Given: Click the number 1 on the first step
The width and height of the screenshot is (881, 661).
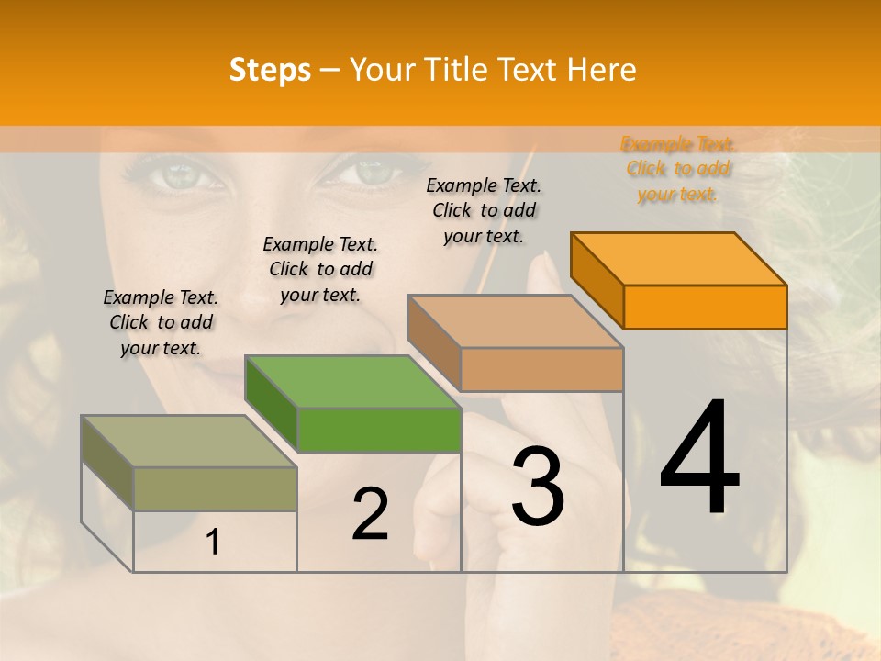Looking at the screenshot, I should [213, 543].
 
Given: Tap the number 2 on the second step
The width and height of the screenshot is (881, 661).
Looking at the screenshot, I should [370, 514].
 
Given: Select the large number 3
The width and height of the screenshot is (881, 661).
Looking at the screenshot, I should [538, 486].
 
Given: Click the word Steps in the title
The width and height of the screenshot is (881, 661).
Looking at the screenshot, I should [270, 70].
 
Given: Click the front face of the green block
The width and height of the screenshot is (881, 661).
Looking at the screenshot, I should [379, 430].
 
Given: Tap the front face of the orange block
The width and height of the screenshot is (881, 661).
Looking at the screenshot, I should [705, 307].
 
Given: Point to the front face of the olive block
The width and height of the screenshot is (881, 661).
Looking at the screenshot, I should [215, 488].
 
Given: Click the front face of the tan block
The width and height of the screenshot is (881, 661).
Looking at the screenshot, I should [541, 369].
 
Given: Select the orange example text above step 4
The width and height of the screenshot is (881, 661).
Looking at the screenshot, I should [677, 169].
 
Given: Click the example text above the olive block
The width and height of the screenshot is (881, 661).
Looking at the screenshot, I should [161, 322].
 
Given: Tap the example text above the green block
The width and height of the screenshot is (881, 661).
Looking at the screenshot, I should [320, 269].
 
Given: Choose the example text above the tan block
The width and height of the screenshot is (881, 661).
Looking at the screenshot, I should [484, 210].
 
